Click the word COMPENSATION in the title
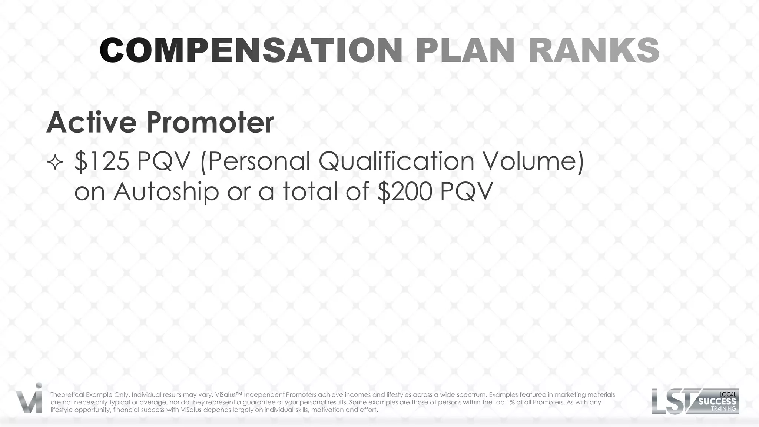tap(251, 51)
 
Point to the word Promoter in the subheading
tap(210, 122)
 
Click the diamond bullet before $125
tap(55, 163)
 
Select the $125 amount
tap(102, 161)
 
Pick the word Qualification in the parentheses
tap(396, 161)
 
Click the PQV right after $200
tap(467, 192)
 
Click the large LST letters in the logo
tap(673, 401)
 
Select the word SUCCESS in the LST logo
tap(717, 401)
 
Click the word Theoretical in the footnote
tap(67, 395)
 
